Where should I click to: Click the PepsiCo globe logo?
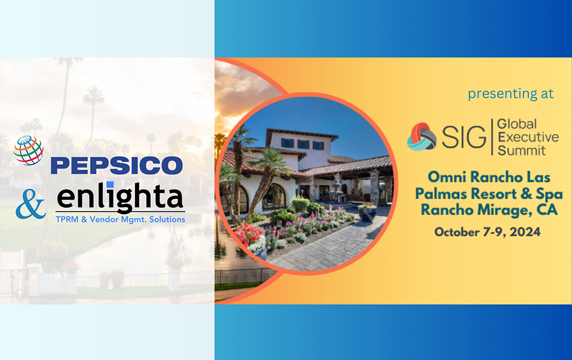tap(28, 150)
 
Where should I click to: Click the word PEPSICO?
tap(117, 165)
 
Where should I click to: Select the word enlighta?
tap(120, 197)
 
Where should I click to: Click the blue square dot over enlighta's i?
tap(110, 185)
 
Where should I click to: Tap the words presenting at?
tap(511, 94)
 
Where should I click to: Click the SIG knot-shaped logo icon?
tap(422, 137)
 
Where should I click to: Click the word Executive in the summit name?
tap(528, 137)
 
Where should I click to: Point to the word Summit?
tap(522, 150)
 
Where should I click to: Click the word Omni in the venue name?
tap(447, 177)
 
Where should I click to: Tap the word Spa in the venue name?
tap(549, 194)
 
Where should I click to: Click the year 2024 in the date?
tap(525, 232)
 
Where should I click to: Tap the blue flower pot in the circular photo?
tap(367, 214)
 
